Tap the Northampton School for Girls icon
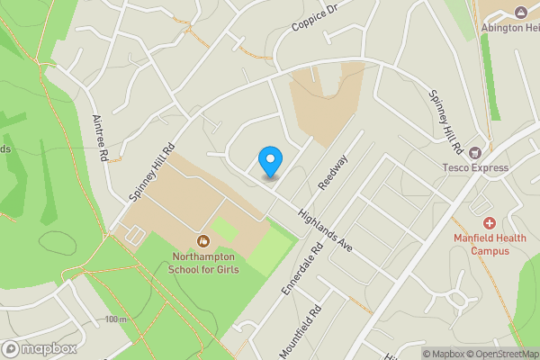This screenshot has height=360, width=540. (203, 241)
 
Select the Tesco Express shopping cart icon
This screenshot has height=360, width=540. (474, 152)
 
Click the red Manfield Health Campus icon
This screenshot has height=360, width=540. (490, 222)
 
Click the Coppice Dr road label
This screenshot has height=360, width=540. (312, 17)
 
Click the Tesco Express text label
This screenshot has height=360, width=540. (472, 166)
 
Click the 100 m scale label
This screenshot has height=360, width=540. (115, 319)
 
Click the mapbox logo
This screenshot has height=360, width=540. (39, 348)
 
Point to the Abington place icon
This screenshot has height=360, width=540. (520, 11)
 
